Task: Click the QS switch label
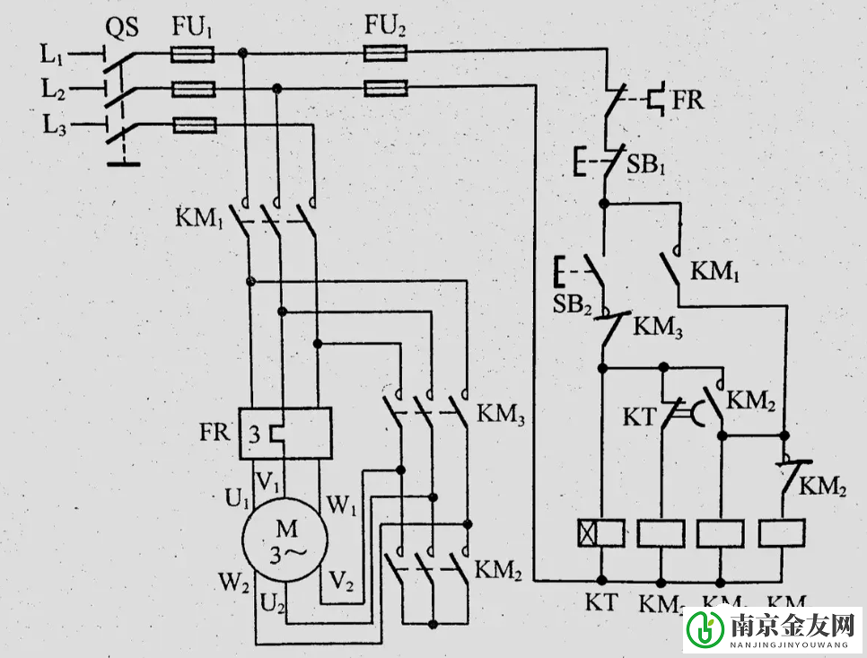(x=122, y=28)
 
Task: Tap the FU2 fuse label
(x=385, y=27)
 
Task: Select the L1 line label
(x=52, y=55)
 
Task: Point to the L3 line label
(x=54, y=124)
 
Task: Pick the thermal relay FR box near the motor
(x=285, y=434)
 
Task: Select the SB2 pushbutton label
(x=571, y=304)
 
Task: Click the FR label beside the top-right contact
(x=687, y=100)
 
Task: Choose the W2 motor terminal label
(x=233, y=581)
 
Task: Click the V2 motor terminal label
(x=340, y=581)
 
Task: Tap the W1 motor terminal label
(x=342, y=505)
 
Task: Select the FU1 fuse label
(x=193, y=27)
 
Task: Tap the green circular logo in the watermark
(x=705, y=630)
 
